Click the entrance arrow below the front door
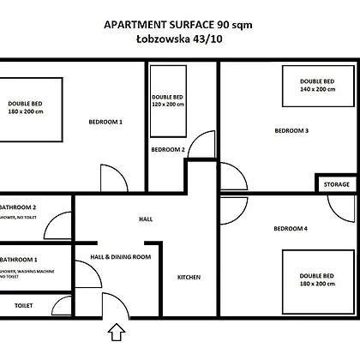[117, 333]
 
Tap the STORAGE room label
[337, 184]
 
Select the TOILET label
[24, 306]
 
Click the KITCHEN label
[189, 277]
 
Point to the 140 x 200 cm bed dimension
[317, 89]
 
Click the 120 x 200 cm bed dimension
[168, 105]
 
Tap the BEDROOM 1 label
[105, 122]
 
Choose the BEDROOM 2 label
[168, 149]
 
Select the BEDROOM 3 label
[291, 130]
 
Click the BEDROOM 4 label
[291, 229]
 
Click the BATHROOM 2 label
[18, 207]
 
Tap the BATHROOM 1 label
[19, 260]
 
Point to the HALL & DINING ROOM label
[121, 257]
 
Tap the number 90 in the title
[223, 25]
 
